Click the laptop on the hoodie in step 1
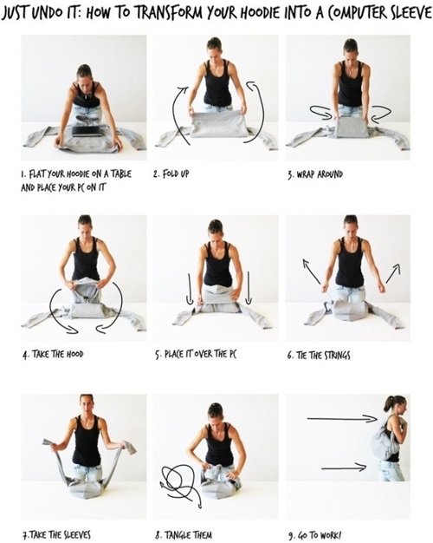[87, 131]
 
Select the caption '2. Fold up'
[171, 173]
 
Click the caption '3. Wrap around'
[314, 173]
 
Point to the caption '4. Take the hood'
[53, 354]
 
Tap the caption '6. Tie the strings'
[318, 355]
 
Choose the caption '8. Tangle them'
[184, 534]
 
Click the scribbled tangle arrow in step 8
[180, 483]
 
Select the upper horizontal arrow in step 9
[342, 419]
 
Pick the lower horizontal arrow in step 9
[344, 468]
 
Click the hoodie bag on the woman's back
[382, 440]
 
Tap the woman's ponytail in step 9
[387, 403]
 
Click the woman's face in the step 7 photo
[87, 405]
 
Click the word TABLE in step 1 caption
[120, 173]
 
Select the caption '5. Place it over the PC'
[196, 354]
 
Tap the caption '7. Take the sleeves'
[56, 534]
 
